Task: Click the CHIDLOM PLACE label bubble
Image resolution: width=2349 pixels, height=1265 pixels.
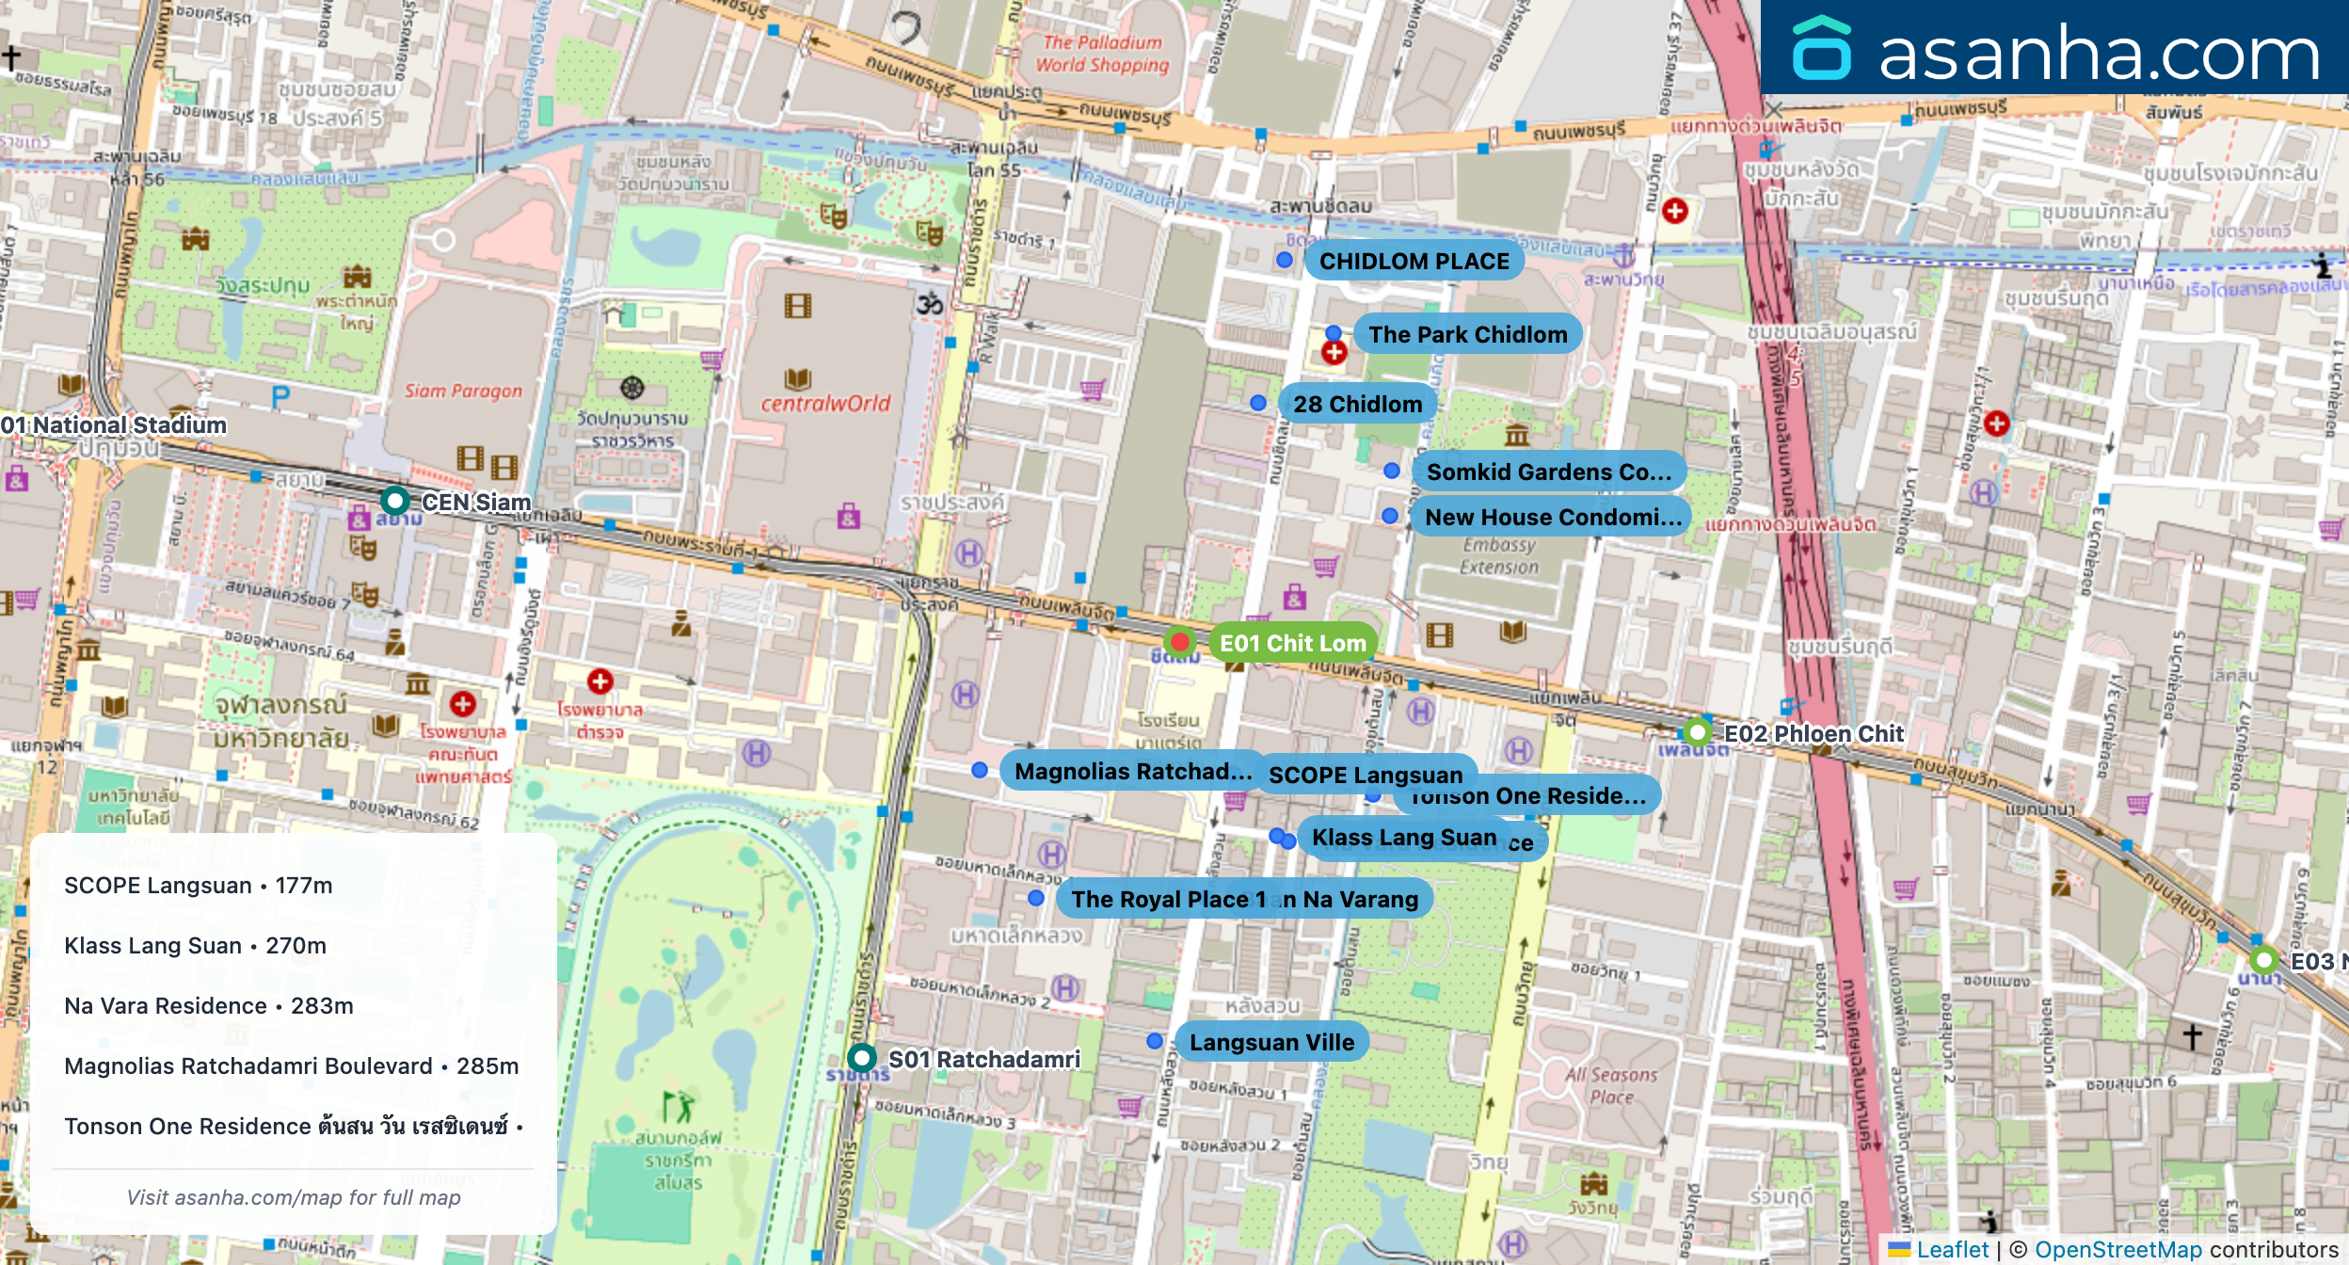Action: [1414, 262]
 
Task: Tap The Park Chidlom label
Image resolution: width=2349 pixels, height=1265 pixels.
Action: [1467, 334]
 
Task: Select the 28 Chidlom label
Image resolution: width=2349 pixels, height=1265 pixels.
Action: [1357, 404]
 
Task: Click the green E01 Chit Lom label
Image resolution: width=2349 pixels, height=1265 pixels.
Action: [1292, 643]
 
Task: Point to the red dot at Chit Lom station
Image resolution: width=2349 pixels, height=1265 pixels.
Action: [1179, 642]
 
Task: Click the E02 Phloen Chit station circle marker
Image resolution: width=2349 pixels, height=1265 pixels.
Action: [1697, 732]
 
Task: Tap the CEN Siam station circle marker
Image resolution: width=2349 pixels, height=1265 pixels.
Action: [395, 500]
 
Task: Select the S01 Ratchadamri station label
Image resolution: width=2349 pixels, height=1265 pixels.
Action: [983, 1059]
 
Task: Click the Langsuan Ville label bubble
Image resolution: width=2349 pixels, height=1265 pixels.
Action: [1271, 1042]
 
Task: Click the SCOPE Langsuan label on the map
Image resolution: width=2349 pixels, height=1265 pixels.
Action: [1365, 774]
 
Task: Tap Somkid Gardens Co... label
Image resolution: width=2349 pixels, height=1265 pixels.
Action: [1548, 472]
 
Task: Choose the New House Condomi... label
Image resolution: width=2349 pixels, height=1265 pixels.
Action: [1552, 517]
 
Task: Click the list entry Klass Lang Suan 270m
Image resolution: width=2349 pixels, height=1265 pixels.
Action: [196, 945]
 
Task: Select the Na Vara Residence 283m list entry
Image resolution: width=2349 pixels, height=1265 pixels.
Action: [209, 1005]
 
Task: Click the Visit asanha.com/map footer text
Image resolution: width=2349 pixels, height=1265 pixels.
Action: [294, 1197]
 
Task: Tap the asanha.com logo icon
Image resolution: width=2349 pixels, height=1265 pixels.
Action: [1821, 49]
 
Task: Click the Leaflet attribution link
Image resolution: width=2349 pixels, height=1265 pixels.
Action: [1952, 1249]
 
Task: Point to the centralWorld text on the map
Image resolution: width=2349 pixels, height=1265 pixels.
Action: [825, 404]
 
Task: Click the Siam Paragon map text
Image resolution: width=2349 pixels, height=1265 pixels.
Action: [463, 391]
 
